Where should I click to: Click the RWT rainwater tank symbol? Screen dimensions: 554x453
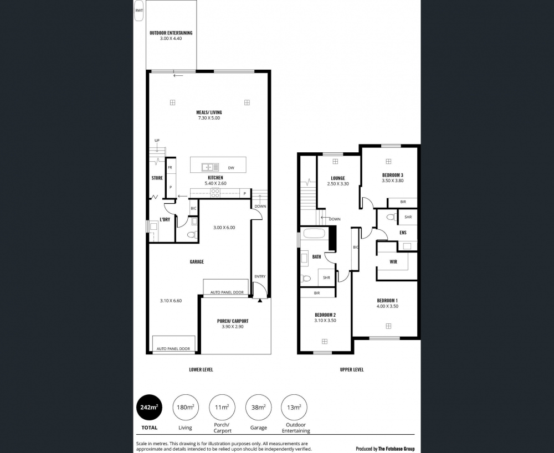(x=139, y=11)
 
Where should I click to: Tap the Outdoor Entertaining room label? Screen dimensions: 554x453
(x=171, y=33)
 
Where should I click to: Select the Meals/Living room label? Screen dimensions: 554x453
(x=209, y=112)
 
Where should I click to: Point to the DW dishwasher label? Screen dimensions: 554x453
(x=231, y=168)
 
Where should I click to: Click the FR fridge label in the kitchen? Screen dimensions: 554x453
(x=170, y=168)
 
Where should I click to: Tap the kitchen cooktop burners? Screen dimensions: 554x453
(x=215, y=192)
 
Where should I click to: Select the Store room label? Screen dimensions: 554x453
(x=157, y=178)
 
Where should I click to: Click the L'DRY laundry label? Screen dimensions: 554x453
(x=165, y=220)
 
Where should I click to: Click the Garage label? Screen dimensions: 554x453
(x=197, y=261)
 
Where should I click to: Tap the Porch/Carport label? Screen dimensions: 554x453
(x=233, y=321)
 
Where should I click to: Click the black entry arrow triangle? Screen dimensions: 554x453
(x=260, y=301)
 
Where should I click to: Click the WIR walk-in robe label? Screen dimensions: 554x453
(x=393, y=262)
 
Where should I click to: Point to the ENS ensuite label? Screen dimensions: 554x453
(x=403, y=233)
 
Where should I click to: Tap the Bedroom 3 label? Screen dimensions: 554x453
(x=393, y=175)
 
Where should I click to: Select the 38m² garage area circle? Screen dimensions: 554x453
(x=258, y=408)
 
